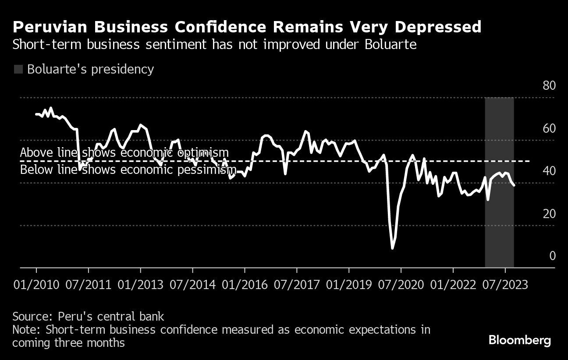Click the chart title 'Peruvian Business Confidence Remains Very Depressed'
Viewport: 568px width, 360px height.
point(247,27)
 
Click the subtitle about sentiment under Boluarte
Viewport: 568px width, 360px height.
point(214,45)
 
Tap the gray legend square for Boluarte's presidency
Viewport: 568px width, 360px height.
point(18,69)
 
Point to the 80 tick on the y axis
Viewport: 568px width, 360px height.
point(549,85)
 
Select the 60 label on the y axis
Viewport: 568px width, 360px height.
point(549,128)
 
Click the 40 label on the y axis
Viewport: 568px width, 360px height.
point(549,171)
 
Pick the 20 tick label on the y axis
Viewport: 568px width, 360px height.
point(549,214)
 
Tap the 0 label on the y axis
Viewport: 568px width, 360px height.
point(552,256)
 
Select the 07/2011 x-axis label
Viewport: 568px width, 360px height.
point(88,285)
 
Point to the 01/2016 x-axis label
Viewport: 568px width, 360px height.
point(245,285)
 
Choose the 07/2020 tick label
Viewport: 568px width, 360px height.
point(401,285)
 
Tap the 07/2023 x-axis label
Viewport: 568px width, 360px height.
point(505,285)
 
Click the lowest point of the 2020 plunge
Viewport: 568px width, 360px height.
point(392,248)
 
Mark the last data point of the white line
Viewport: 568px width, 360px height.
point(514,185)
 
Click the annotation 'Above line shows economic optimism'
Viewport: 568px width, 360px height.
point(124,152)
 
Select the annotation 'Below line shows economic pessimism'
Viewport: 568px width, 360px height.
point(128,170)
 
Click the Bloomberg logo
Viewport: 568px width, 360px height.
point(519,340)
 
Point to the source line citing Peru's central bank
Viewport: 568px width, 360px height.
point(88,316)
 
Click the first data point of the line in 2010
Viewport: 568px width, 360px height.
point(36,114)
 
